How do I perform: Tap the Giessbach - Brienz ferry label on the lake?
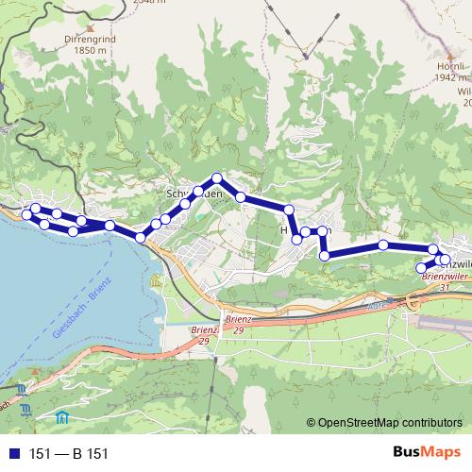[82, 311]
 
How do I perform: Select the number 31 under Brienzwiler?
[444, 287]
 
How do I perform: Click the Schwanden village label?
[193, 192]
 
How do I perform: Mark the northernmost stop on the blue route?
[217, 177]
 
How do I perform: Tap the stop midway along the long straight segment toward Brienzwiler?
[383, 244]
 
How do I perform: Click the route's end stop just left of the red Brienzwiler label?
[421, 268]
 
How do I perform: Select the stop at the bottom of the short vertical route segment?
[325, 255]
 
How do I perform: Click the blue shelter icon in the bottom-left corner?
[62, 416]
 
